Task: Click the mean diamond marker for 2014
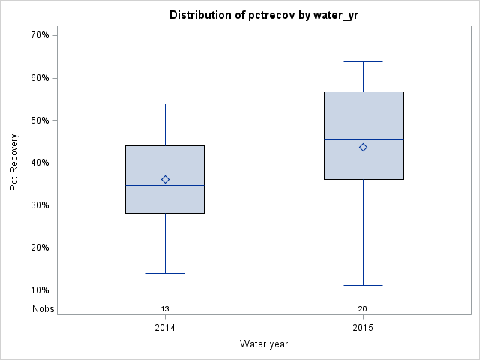pos(165,179)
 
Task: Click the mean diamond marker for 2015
pos(363,147)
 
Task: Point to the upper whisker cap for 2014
pos(165,103)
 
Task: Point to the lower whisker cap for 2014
pos(165,273)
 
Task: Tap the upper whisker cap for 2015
pos(363,61)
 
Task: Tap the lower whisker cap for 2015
pos(363,285)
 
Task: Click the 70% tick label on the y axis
pos(40,35)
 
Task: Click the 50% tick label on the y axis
pos(40,120)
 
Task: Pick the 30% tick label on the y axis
pos(40,205)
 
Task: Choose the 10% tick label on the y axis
pos(40,290)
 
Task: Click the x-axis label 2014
pos(165,328)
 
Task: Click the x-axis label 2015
pos(363,328)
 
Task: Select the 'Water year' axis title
pos(264,343)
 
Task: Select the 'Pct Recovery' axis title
pos(14,163)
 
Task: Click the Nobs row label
pos(43,309)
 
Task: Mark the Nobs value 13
pos(165,309)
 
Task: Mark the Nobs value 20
pos(363,309)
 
